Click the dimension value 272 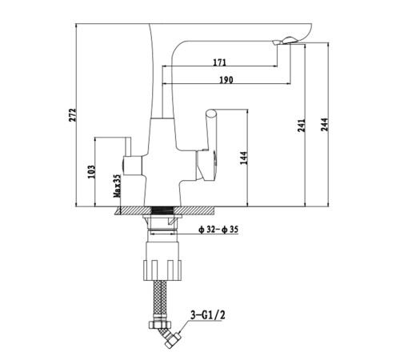tap(73, 115)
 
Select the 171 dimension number tap(219, 62)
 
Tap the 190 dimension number tap(226, 80)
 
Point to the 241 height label tap(302, 126)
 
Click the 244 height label tap(324, 124)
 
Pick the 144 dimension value tap(244, 158)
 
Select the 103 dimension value tap(91, 172)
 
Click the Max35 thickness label tap(118, 186)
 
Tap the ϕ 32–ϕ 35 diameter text tap(218, 230)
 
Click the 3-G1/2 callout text tap(208, 315)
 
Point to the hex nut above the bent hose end tap(160, 325)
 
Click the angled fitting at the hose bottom tap(170, 338)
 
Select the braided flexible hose tap(160, 300)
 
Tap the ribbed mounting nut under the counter tap(162, 270)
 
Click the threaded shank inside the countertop tap(162, 210)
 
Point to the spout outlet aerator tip tap(284, 42)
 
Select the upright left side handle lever tap(127, 146)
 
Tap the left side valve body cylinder tap(132, 166)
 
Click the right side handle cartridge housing tap(206, 166)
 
